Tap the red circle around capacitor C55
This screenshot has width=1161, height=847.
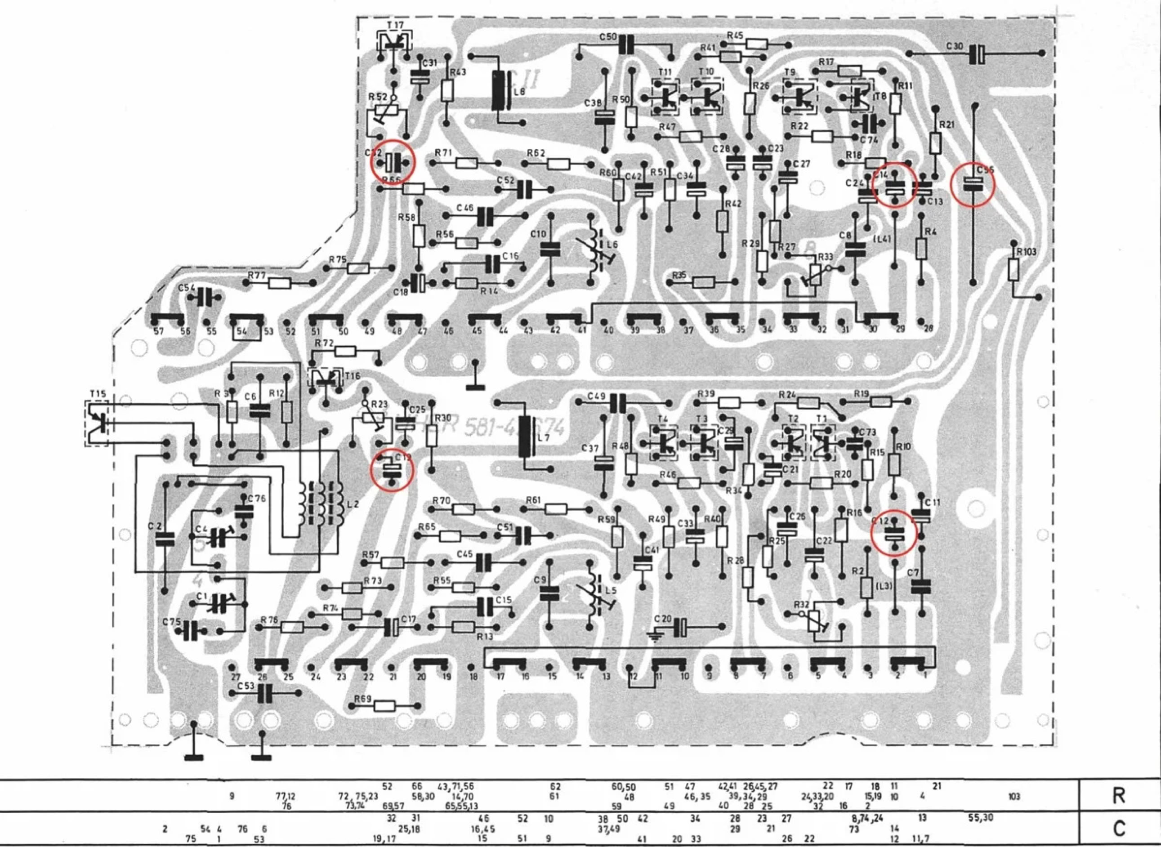click(972, 185)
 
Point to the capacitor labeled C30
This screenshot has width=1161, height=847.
click(978, 53)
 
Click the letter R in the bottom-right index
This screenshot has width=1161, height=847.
click(1118, 795)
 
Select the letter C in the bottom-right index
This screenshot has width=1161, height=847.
click(1118, 828)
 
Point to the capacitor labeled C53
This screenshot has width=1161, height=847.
click(264, 693)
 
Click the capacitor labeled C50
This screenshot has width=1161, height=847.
click(625, 45)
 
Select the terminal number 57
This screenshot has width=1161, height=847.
click(159, 331)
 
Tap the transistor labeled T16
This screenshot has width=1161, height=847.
click(325, 379)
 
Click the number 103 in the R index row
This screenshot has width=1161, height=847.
click(1014, 796)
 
